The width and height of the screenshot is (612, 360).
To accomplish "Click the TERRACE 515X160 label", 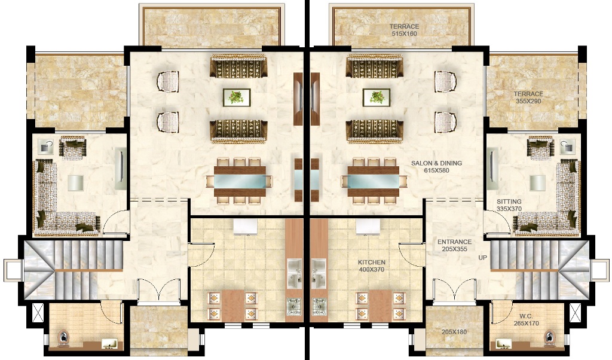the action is tap(404, 30).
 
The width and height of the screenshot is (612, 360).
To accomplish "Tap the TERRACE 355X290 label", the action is tap(528, 97).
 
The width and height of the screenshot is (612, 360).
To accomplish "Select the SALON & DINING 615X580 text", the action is tap(436, 167).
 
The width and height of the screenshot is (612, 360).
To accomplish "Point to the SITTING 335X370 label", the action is tap(509, 205).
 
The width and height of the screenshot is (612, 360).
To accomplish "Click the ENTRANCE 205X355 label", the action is tap(454, 245).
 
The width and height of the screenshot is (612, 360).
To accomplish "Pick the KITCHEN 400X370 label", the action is tap(372, 266).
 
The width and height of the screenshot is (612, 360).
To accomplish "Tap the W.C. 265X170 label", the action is tap(526, 320).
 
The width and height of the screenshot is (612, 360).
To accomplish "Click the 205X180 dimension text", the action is tap(454, 332).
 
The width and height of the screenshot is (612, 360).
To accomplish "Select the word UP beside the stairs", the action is tap(483, 258).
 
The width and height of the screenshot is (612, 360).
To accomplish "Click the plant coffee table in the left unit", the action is tap(237, 97).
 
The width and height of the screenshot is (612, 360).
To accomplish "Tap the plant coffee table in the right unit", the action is tap(377, 97).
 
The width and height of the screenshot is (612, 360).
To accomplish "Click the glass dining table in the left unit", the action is tap(240, 181).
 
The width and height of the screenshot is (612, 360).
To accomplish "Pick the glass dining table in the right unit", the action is tap(374, 181).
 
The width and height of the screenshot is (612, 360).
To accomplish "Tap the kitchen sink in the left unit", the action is tap(295, 273).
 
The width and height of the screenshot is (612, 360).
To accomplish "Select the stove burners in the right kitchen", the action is tap(319, 307).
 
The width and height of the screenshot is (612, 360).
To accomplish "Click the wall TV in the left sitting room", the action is tap(121, 168).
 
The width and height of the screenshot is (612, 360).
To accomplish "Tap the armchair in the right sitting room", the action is tap(540, 148).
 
